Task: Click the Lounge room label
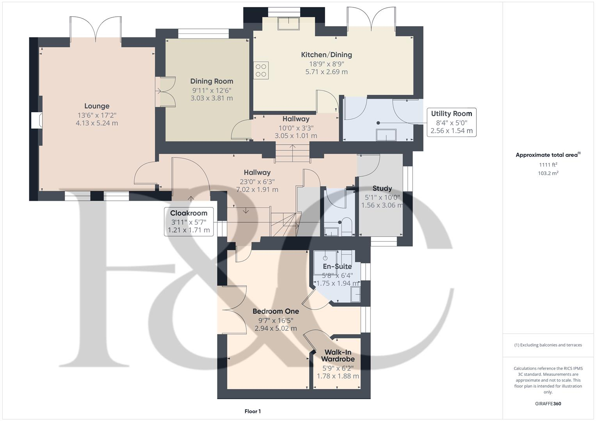click(x=97, y=106)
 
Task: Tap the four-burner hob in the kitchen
click(x=261, y=71)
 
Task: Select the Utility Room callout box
click(x=451, y=122)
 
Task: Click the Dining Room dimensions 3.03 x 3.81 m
click(x=212, y=98)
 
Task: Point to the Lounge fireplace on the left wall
click(x=36, y=120)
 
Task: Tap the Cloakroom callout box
click(x=189, y=221)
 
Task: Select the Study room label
click(x=382, y=188)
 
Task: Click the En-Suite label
click(x=337, y=267)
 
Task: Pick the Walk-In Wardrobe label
click(x=338, y=356)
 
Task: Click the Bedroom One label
click(x=276, y=311)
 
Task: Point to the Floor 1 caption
click(x=253, y=411)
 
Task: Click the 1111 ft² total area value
click(x=548, y=165)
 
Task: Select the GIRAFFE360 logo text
click(x=548, y=404)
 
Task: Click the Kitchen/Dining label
click(x=326, y=55)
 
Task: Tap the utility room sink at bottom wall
click(x=386, y=135)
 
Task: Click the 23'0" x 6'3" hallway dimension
click(x=257, y=181)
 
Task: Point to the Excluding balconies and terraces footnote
click(x=548, y=345)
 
